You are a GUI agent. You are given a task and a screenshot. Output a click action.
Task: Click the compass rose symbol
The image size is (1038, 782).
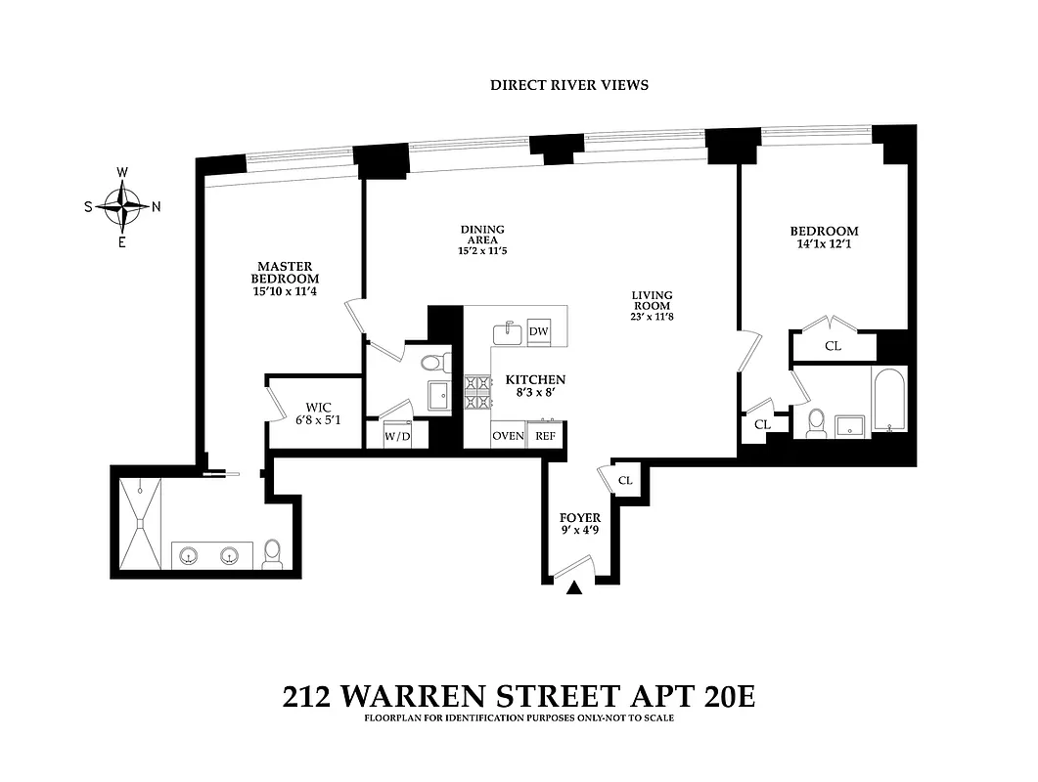click(x=122, y=206)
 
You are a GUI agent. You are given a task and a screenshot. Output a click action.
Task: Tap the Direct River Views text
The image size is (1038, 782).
click(x=568, y=85)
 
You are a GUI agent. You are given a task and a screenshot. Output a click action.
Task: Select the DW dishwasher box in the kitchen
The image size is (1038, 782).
click(x=538, y=332)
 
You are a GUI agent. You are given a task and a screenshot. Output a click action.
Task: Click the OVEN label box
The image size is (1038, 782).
click(x=508, y=436)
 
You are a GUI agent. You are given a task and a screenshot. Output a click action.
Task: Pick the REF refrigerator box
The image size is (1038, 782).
click(x=545, y=436)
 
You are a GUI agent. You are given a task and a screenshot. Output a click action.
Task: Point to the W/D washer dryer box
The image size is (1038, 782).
click(x=396, y=436)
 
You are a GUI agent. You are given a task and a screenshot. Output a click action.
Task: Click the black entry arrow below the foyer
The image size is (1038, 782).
click(x=575, y=587)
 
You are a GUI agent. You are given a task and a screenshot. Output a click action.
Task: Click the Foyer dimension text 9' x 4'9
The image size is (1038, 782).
click(x=580, y=532)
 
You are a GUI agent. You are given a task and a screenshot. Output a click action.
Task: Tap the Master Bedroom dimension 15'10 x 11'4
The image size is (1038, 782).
click(x=284, y=291)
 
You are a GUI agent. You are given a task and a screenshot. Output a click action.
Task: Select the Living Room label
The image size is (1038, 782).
click(x=651, y=300)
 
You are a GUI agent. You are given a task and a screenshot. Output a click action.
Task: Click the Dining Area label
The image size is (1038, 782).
click(x=482, y=236)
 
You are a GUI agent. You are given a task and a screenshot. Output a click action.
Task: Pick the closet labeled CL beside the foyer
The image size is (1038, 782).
click(x=625, y=480)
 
